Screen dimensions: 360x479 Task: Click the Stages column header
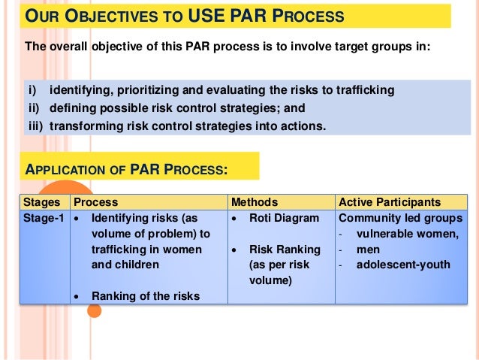coord(41,202)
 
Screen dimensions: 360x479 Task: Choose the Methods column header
coord(255,202)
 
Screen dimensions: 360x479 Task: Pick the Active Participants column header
coord(390,202)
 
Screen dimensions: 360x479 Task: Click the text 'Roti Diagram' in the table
coord(280,219)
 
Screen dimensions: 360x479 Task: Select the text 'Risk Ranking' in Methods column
coord(280,250)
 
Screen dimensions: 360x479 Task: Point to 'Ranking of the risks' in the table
coord(146,296)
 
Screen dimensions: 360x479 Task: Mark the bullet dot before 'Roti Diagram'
coord(236,219)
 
